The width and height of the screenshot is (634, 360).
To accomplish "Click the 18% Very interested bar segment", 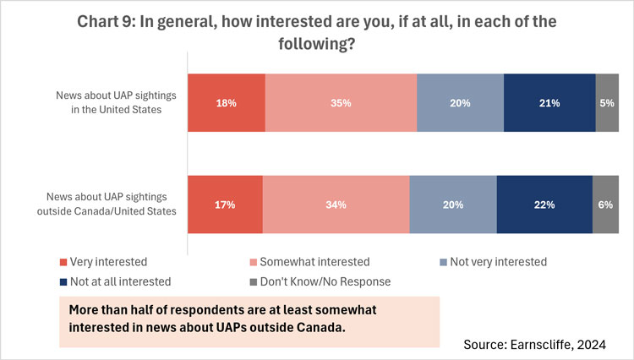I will click(226, 103).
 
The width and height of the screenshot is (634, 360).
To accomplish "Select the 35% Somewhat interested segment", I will click(341, 103).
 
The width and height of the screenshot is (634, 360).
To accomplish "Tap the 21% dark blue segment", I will click(549, 103).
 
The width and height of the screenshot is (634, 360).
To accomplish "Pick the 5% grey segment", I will click(607, 103).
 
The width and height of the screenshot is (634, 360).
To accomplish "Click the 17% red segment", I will click(225, 205).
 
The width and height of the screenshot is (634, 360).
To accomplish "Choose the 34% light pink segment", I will click(336, 205).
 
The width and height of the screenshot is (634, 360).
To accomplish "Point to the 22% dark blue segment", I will click(544, 205).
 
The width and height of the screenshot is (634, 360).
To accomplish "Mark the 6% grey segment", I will click(605, 205).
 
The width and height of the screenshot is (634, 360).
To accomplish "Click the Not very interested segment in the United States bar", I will click(460, 103).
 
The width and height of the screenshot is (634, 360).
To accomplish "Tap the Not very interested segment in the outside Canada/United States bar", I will click(453, 205).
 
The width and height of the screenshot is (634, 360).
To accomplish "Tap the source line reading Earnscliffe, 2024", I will click(535, 344).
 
